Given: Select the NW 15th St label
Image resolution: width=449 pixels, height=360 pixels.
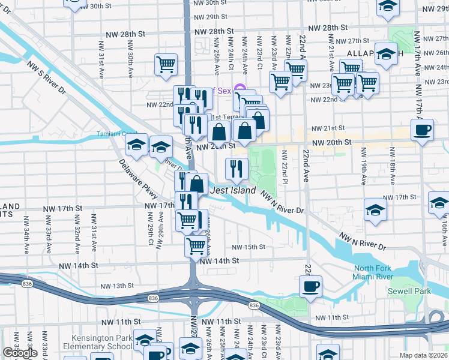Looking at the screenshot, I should pos(249,247).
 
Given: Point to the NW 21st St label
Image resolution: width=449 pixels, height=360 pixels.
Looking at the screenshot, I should pos(328,128).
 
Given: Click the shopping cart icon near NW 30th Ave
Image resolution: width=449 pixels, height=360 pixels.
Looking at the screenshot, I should pos(166,64).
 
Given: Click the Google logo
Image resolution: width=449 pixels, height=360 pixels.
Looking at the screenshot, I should pos(20,353).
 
